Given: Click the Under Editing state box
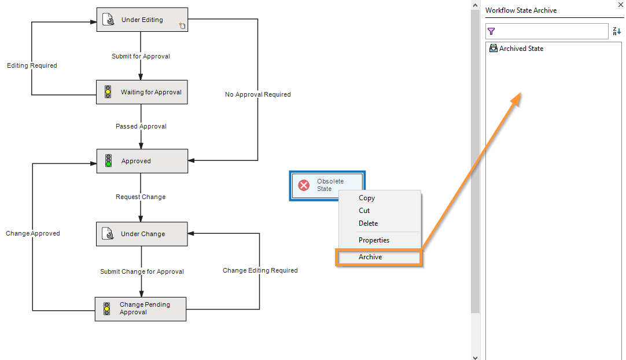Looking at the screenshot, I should pos(142,20).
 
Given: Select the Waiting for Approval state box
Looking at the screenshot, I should pos(142,92).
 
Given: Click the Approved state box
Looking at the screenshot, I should pos(142,161).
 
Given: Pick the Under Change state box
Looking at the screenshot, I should pos(142,234).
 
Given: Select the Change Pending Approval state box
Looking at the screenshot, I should pos(141,308).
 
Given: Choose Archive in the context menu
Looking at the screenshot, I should pos(370,257).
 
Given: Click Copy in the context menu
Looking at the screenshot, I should pos(367,198).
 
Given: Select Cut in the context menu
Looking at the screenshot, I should pos(364,211).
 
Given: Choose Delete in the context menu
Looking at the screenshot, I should pos(368,223).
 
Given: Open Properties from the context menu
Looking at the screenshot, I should pos(374,240).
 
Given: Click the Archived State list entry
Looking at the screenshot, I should pos(521,49).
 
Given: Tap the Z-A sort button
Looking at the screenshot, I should pos(617,31).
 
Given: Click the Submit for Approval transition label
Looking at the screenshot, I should pos(141,57).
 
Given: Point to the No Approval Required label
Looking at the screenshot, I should pos(257,94).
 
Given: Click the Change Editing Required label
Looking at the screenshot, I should pos(260,270).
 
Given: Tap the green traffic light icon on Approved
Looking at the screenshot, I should pos(108,161).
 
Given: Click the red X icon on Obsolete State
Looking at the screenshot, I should pos(304,185).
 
